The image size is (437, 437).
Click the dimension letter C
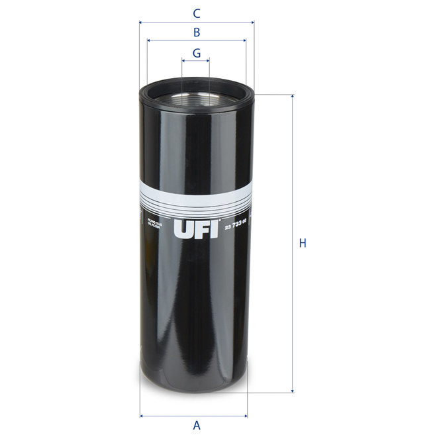(196, 13)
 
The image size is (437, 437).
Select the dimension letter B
(197, 32)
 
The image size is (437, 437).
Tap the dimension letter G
(197, 52)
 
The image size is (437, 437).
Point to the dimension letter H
(302, 243)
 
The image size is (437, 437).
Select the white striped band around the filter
(196, 196)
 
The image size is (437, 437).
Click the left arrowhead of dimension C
(142, 23)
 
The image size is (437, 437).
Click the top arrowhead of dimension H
(292, 97)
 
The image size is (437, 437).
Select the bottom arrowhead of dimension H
(292, 391)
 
